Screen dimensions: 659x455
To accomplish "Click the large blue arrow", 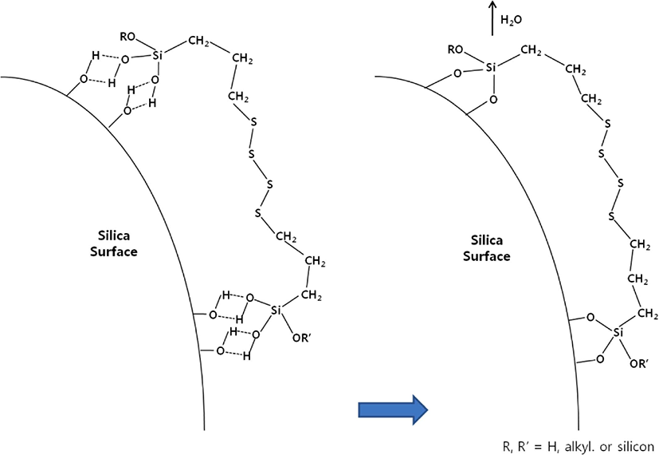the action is [393, 409].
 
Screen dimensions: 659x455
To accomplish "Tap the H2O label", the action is [511, 20].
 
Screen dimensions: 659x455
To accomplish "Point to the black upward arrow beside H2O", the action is [492, 18].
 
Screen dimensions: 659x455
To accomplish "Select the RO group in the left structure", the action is [127, 37].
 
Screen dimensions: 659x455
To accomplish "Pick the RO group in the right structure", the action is [455, 49].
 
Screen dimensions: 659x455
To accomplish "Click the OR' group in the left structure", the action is [301, 338].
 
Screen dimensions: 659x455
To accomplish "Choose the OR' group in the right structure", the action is [639, 364].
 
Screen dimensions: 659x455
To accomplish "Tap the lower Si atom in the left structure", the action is [275, 311].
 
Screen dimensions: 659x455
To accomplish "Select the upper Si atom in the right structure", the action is [492, 67].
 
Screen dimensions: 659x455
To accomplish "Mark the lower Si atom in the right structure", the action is [618, 333].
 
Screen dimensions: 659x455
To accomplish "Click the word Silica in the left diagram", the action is [114, 235].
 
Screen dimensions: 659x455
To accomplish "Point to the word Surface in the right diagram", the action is [487, 256].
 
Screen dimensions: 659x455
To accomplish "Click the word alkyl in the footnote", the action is [576, 446].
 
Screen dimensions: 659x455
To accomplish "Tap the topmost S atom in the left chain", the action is [253, 122].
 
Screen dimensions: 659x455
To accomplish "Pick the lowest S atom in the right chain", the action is [612, 217].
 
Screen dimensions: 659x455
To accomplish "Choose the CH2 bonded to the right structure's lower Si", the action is [647, 314].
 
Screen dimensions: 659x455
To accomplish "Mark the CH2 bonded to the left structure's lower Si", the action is [312, 295].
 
